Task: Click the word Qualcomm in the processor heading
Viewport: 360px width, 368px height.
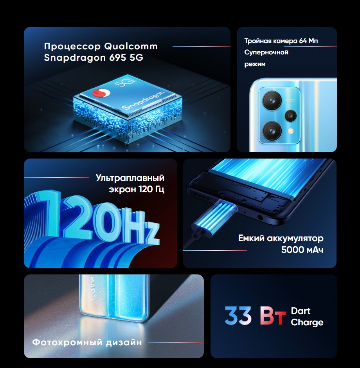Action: point(131,46)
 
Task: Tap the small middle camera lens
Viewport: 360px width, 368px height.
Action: point(291,115)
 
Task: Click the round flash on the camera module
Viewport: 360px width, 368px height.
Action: point(291,130)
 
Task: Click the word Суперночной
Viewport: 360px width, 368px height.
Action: point(266,52)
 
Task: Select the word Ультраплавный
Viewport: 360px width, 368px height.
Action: point(130,178)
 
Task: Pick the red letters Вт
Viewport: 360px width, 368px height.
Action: point(273,316)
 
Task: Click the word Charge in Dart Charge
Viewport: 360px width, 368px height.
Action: point(307,323)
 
